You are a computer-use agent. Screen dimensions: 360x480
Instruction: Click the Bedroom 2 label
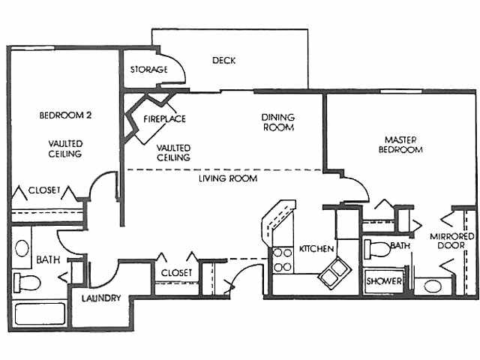[x=65, y=116]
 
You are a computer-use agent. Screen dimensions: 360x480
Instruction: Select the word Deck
[x=223, y=61]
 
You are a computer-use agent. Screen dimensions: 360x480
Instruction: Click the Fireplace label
[x=164, y=118]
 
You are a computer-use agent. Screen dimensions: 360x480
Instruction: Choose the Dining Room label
[x=277, y=122]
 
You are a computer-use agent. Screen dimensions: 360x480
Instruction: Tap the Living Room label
[x=228, y=179]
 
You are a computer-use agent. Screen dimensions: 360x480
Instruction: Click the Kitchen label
[x=316, y=247]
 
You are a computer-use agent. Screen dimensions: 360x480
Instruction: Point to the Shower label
[x=383, y=282]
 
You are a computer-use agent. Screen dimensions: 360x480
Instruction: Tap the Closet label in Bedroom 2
[x=44, y=190]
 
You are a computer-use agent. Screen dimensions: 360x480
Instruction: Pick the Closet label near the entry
[x=176, y=272]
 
